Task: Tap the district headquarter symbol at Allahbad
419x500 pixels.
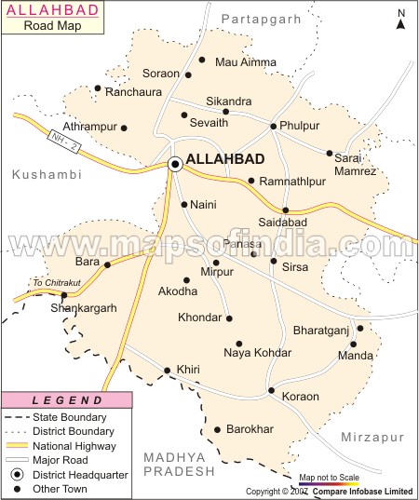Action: tap(174, 165)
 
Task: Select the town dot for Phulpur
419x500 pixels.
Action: tap(273, 126)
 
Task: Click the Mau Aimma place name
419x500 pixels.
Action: tap(246, 62)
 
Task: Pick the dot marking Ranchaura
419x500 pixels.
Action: tap(98, 88)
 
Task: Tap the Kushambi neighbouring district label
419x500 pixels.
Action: tap(47, 174)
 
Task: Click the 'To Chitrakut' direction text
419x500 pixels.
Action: tap(51, 283)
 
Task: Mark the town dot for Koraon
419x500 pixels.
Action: tap(271, 390)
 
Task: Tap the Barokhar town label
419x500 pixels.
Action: tap(250, 429)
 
